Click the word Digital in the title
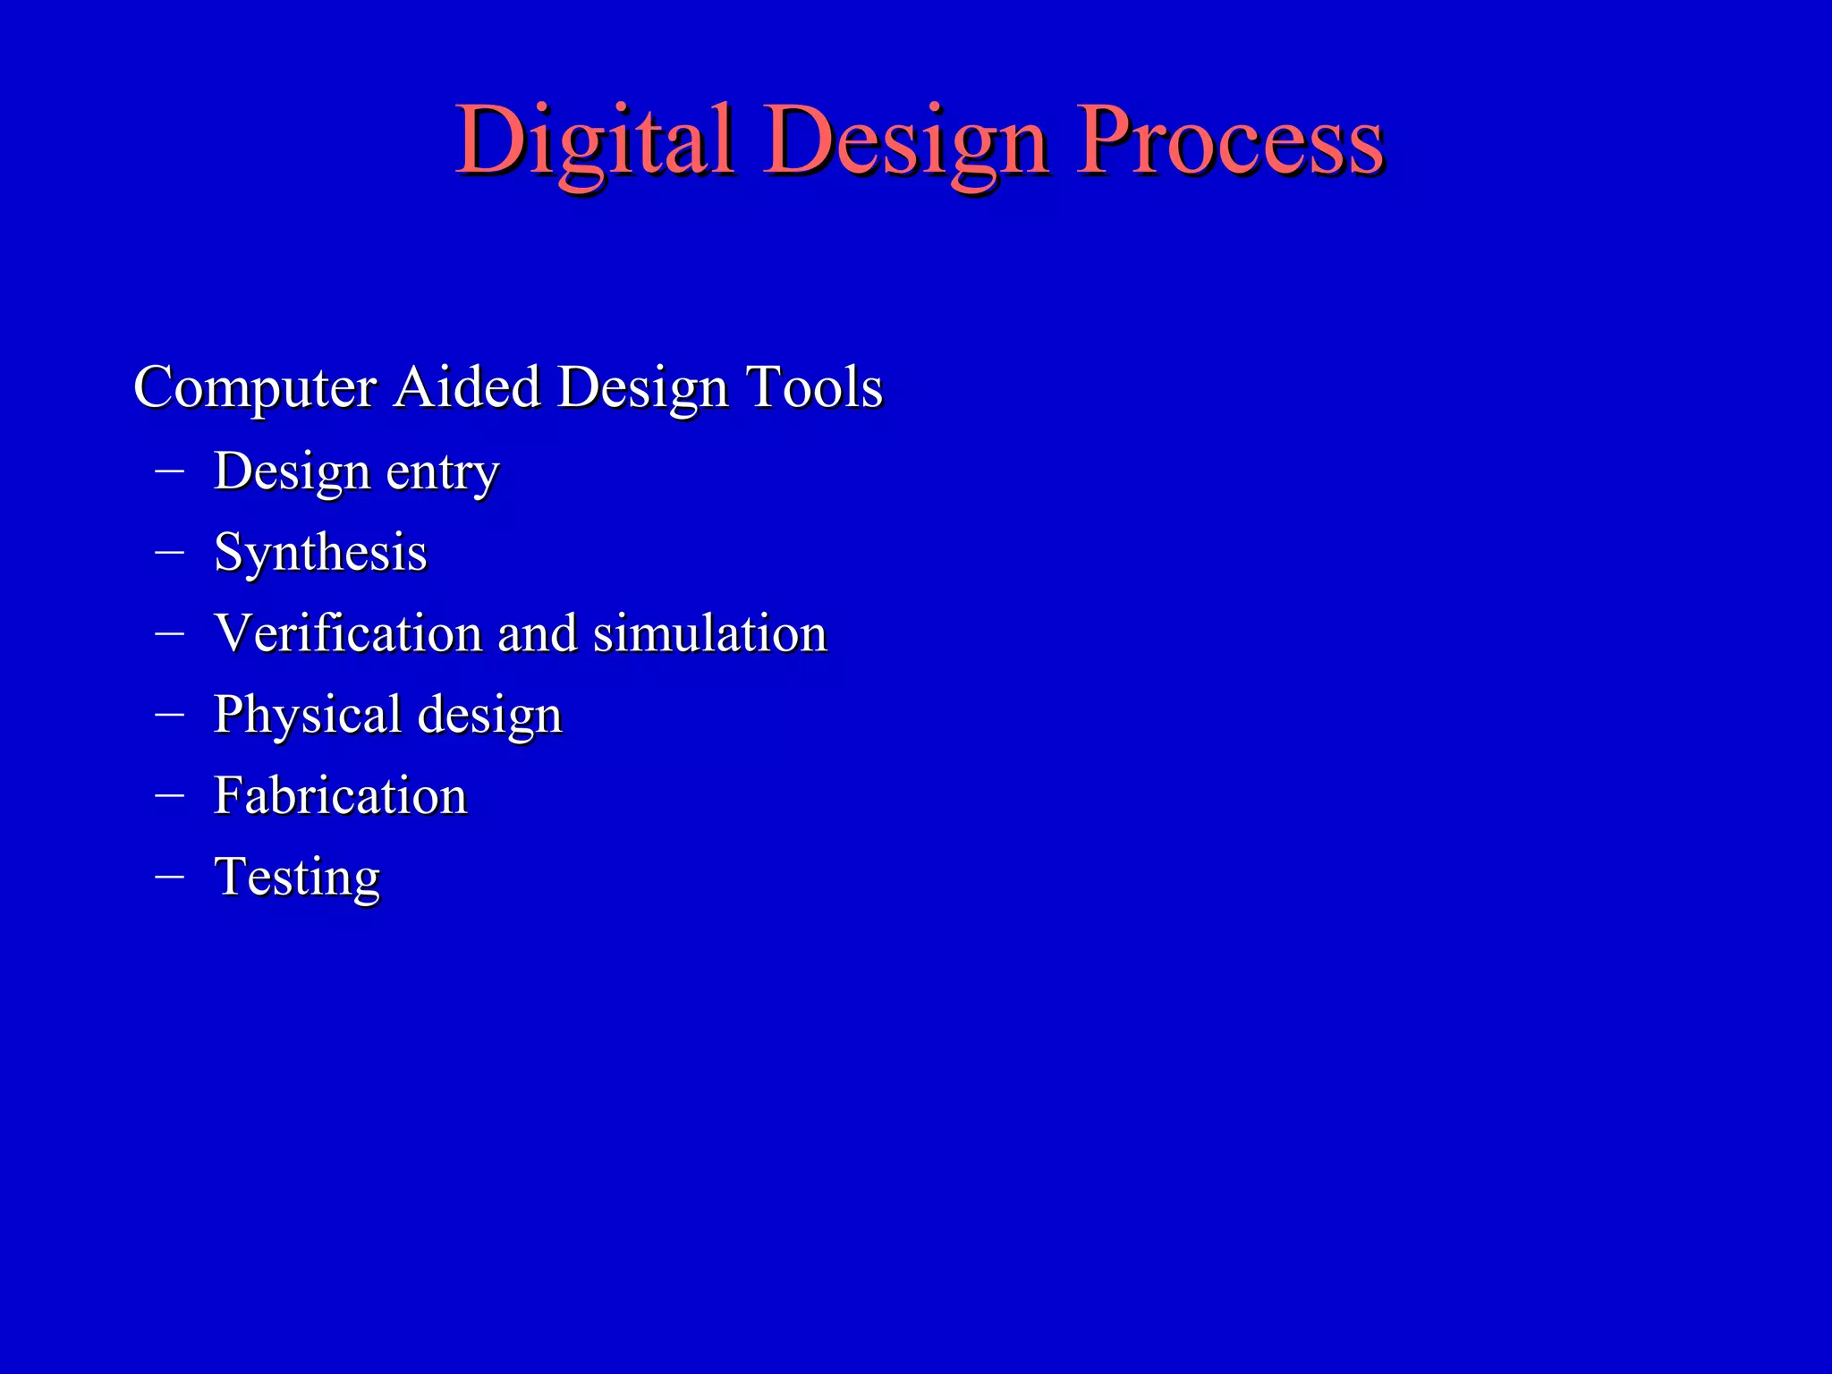click(594, 140)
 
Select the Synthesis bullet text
click(320, 553)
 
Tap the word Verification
click(348, 633)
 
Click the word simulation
click(710, 633)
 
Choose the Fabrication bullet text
click(340, 795)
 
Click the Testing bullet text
click(297, 877)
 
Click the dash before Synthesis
click(169, 550)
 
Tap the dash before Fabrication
click(169, 793)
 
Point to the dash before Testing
click(169, 875)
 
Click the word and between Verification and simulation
click(537, 633)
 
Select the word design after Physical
click(489, 716)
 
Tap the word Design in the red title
click(905, 140)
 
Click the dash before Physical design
click(169, 713)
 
